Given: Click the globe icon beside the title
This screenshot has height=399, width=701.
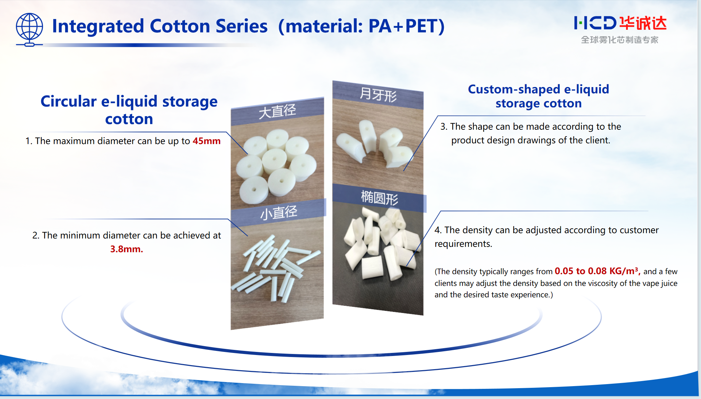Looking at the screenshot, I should [x=29, y=29].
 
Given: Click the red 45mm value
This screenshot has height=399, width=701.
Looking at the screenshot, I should [x=206, y=141].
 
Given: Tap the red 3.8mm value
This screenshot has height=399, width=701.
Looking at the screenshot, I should [x=126, y=249].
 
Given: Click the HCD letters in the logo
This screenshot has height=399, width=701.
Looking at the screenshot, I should [x=595, y=23].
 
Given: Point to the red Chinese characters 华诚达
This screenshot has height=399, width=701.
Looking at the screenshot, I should [x=643, y=23].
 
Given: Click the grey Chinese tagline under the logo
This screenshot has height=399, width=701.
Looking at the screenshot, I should [x=619, y=40].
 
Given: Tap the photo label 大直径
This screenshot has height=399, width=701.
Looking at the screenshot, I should [x=277, y=111].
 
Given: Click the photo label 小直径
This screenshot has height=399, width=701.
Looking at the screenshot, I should [x=279, y=213].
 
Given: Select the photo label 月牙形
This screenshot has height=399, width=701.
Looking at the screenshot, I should [x=378, y=94].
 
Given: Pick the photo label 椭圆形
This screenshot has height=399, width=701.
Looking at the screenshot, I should [x=379, y=198].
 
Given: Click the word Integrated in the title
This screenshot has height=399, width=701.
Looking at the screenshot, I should [x=98, y=26].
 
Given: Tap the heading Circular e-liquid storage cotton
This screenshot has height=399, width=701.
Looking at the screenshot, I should [x=129, y=110].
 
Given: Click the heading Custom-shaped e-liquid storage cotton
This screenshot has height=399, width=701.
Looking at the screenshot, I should [x=538, y=96].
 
